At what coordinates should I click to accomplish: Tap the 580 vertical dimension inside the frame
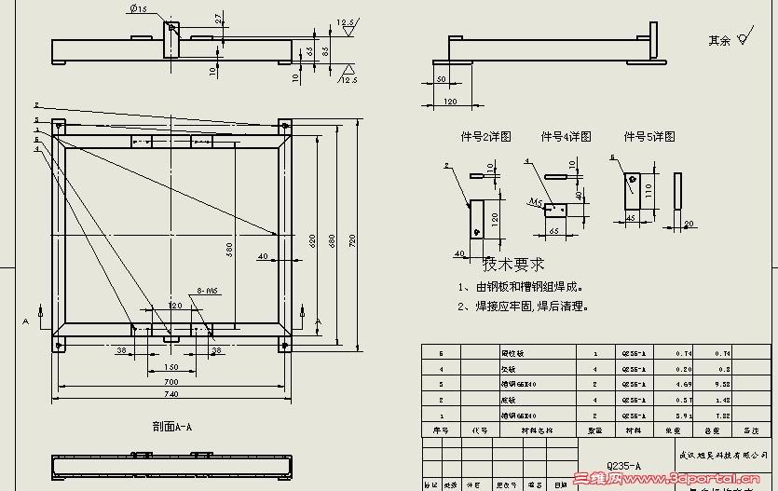click(x=229, y=251)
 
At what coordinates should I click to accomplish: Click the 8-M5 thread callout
click(x=207, y=291)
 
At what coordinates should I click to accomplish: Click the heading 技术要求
click(x=513, y=266)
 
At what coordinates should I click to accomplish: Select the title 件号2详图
click(x=486, y=137)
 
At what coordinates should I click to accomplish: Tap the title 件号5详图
click(x=649, y=137)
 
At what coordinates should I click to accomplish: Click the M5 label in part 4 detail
click(x=536, y=202)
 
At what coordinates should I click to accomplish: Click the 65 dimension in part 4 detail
click(x=553, y=229)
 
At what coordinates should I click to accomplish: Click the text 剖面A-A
click(x=171, y=428)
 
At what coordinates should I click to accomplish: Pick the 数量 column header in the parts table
click(x=594, y=431)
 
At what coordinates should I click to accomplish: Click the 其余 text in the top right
click(x=718, y=41)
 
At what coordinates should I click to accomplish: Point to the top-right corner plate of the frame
click(x=285, y=125)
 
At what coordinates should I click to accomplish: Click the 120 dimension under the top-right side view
click(x=449, y=101)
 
